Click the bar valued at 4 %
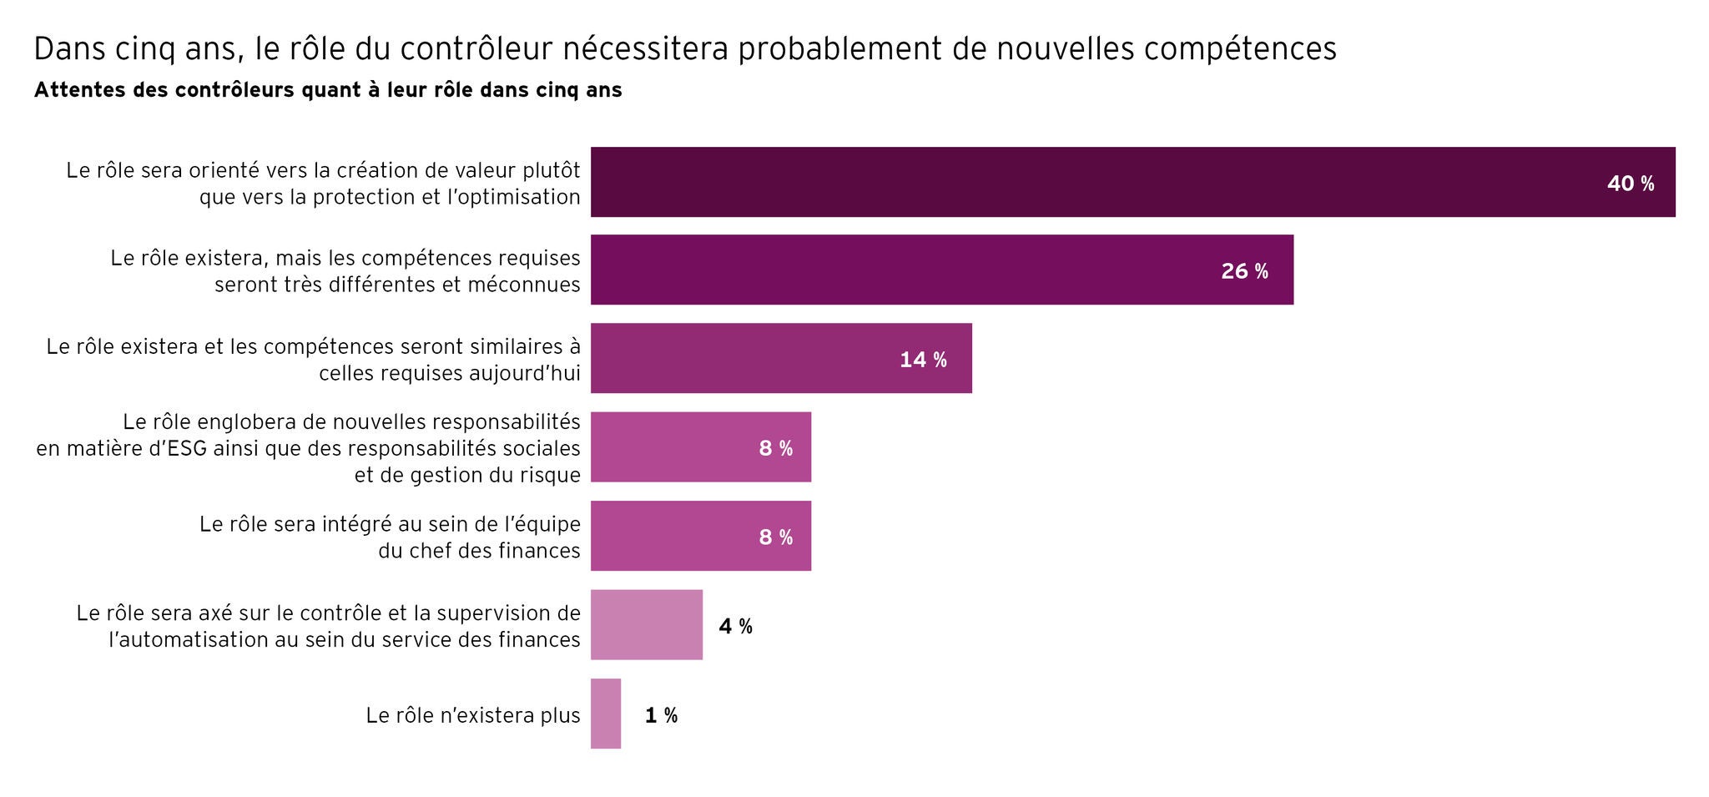646,624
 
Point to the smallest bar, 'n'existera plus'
605,714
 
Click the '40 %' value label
1630,184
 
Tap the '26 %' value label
1243,271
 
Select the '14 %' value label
922,360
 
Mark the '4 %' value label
735,626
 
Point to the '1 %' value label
661,715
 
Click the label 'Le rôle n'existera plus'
472,715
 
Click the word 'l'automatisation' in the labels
175,640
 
